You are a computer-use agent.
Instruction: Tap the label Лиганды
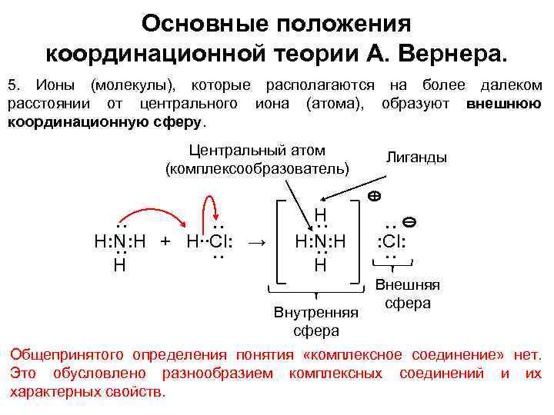coord(416,157)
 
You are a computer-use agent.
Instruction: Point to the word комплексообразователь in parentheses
coord(257,168)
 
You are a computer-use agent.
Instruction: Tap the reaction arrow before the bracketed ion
coord(259,242)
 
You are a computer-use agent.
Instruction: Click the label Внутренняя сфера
coord(316,322)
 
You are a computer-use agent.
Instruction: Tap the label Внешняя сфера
coord(407,294)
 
